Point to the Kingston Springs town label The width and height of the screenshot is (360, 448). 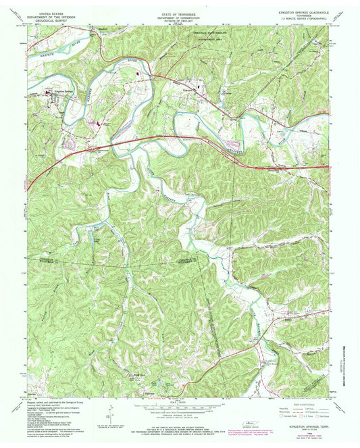[x=58, y=91]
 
